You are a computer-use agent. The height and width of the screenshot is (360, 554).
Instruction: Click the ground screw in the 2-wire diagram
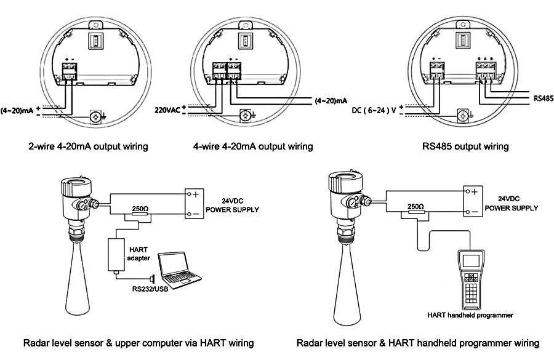click(95, 115)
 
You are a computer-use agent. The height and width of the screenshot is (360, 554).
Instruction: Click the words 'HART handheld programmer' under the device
click(470, 315)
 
